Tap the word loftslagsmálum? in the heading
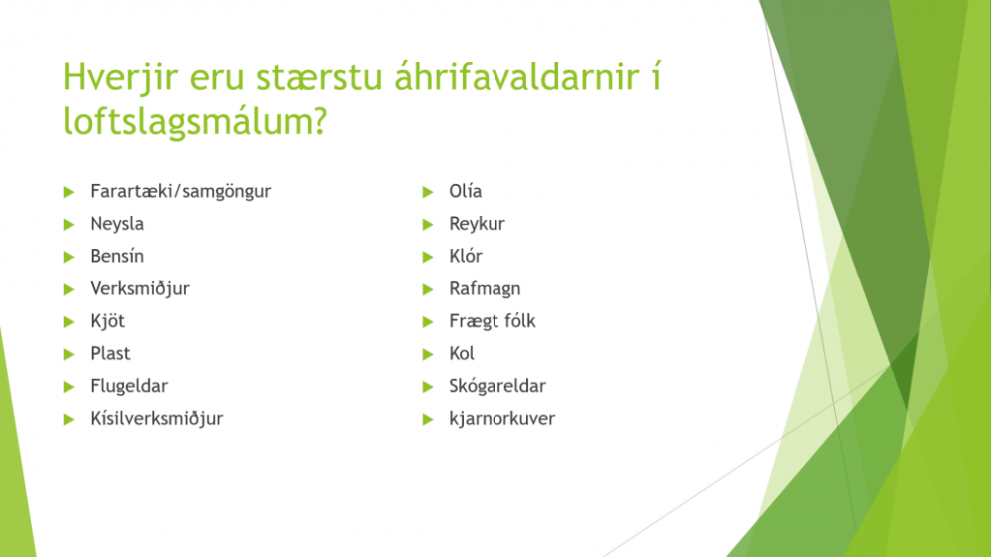(195, 121)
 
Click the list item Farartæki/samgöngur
(180, 192)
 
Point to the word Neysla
(117, 224)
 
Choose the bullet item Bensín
(117, 256)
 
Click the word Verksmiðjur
(140, 289)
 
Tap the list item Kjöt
(108, 321)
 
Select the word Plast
(110, 353)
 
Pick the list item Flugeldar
(129, 386)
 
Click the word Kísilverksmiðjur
(157, 419)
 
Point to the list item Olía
(466, 191)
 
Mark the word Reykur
(477, 225)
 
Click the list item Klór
(466, 256)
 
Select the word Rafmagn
(485, 289)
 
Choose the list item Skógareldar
(497, 386)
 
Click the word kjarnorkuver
(501, 418)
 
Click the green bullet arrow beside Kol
(428, 354)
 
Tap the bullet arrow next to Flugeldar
(69, 387)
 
